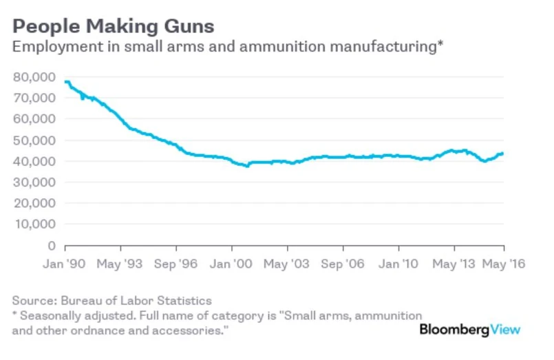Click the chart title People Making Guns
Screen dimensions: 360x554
click(x=114, y=27)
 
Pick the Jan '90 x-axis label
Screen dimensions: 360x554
click(x=65, y=264)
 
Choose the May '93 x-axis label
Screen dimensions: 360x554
click(x=120, y=264)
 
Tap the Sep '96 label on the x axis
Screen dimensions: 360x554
click(x=175, y=264)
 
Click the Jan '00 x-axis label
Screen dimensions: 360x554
click(x=232, y=264)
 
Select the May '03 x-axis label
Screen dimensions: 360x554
click(x=287, y=264)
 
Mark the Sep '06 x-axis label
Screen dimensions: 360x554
click(x=342, y=264)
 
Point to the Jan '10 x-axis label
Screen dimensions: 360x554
click(x=398, y=264)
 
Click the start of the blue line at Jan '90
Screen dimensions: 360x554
click(x=65, y=82)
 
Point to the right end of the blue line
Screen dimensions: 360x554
click(x=503, y=153)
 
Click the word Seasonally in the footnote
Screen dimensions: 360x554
click(x=52, y=315)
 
